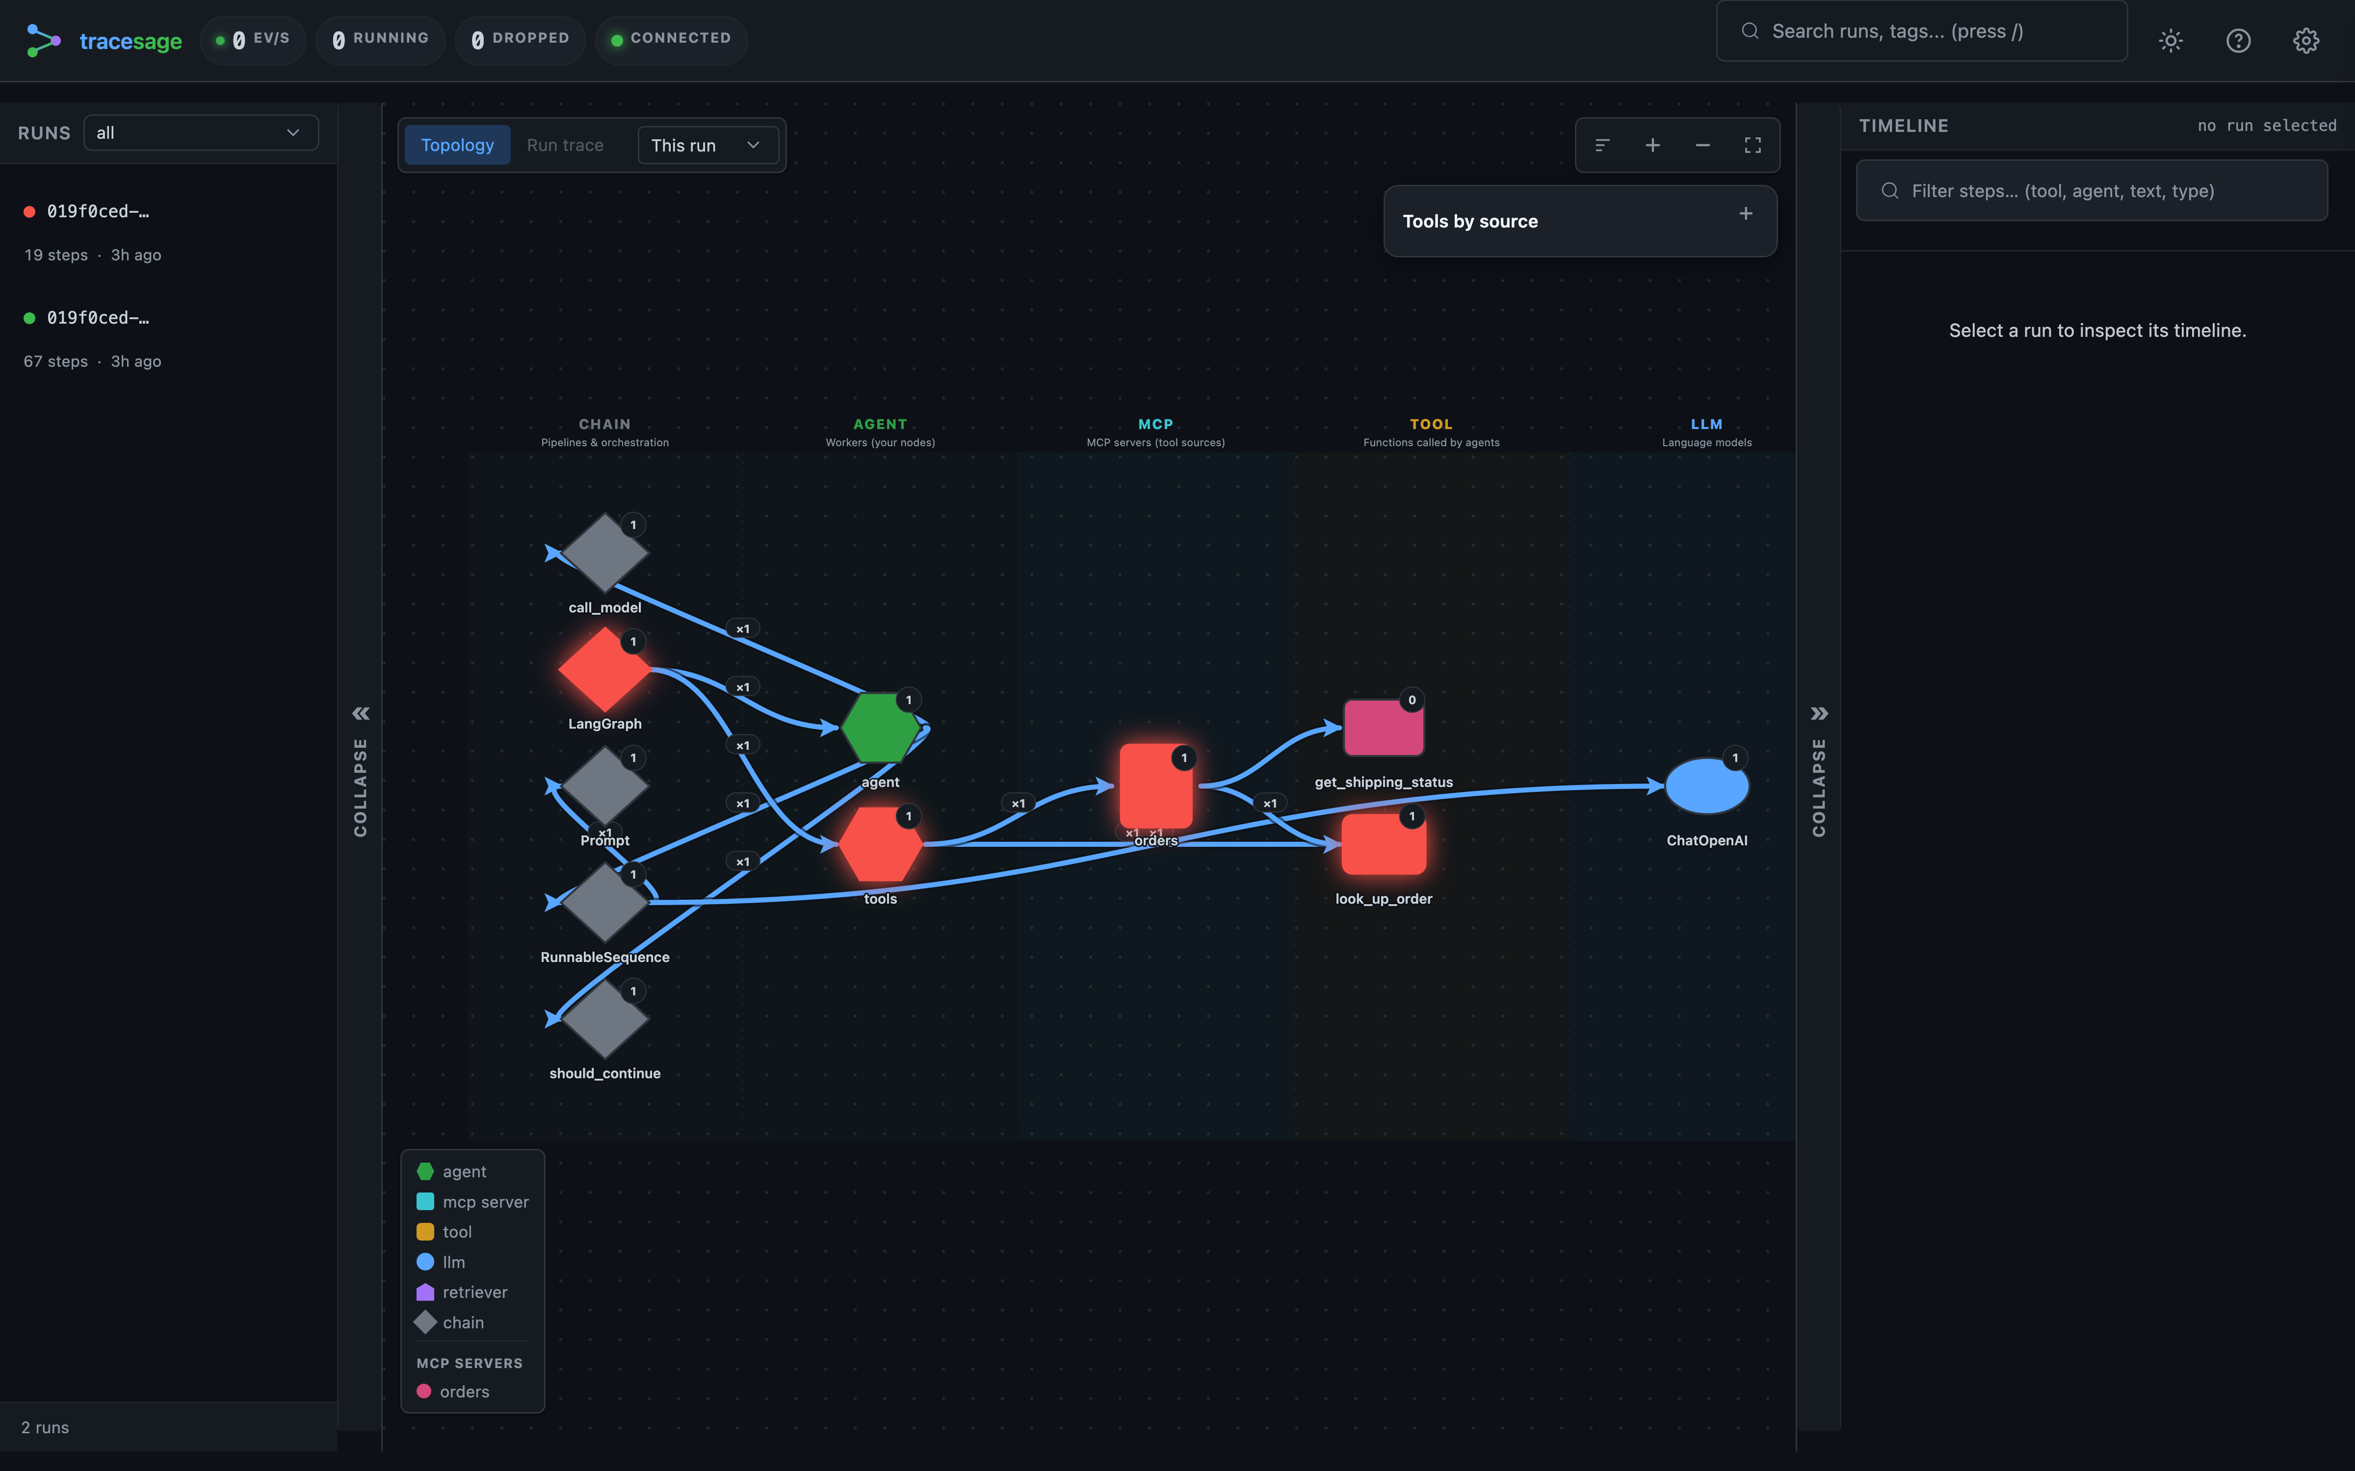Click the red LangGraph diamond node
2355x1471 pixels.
click(x=604, y=669)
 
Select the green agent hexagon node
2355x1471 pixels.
click(x=880, y=728)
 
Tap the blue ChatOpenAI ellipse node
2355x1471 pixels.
click(x=1706, y=786)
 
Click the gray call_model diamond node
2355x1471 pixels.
click(x=604, y=553)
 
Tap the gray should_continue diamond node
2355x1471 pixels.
click(x=604, y=1018)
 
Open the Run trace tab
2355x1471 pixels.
click(x=564, y=145)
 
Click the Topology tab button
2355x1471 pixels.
click(x=457, y=145)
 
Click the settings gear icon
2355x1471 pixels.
click(x=2305, y=40)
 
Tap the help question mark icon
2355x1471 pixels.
click(x=2238, y=40)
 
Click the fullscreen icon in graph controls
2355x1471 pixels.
click(x=1753, y=145)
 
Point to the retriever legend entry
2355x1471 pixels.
click(x=462, y=1292)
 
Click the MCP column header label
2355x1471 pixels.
click(x=1155, y=424)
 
